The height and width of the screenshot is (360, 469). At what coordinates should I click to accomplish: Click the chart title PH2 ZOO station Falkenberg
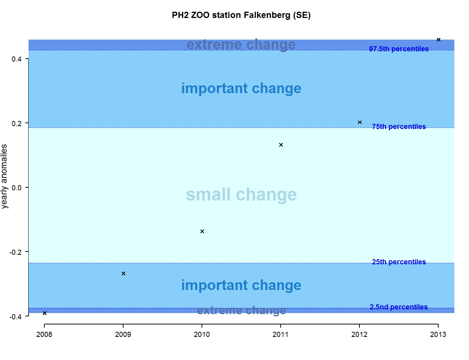(241, 15)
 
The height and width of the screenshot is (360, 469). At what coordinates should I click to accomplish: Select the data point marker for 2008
(45, 313)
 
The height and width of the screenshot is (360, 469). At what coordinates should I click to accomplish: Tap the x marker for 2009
(123, 273)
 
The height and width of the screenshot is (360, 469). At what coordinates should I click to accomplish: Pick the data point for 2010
(202, 231)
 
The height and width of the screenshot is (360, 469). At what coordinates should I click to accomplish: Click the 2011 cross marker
(281, 145)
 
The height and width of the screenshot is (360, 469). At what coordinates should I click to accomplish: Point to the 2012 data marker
(360, 122)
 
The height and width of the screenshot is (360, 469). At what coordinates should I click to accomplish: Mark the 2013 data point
(439, 40)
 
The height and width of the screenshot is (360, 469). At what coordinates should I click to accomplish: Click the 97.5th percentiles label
(399, 49)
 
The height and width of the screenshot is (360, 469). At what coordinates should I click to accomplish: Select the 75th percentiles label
(399, 126)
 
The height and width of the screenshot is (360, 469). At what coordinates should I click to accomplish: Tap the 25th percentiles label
(399, 262)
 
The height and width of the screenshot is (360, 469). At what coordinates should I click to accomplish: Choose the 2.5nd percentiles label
(399, 307)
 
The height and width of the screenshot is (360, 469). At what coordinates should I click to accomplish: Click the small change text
(241, 195)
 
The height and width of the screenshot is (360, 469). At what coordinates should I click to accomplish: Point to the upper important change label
(241, 88)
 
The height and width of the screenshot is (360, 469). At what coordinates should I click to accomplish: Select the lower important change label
(241, 285)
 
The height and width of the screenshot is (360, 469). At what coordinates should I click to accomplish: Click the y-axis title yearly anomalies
(4, 176)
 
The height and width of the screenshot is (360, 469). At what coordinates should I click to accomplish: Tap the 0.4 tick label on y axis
(17, 59)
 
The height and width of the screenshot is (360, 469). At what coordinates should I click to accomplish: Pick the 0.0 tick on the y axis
(17, 188)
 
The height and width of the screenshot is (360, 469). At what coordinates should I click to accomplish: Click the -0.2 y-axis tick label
(16, 252)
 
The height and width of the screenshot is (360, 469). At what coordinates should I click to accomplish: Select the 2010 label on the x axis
(202, 334)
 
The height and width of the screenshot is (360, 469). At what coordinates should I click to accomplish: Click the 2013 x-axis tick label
(438, 334)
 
